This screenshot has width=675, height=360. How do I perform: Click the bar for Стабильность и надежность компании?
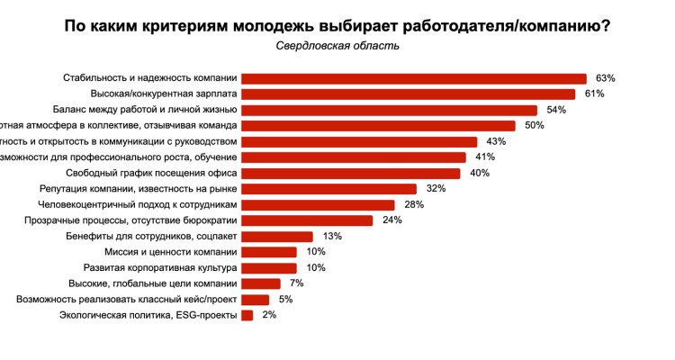[x=414, y=78]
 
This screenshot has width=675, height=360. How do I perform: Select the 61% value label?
[x=594, y=94]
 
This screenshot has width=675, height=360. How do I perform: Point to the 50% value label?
[x=535, y=126]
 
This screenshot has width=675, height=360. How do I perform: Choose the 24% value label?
[x=391, y=220]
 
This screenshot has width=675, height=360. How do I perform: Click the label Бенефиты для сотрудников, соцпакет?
[x=152, y=236]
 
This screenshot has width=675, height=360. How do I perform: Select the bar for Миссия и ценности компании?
[x=270, y=252]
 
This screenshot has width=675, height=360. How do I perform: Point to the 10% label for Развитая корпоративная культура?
[x=316, y=268]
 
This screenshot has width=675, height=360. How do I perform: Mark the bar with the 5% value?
[x=256, y=300]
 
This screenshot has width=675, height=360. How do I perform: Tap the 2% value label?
[x=269, y=315]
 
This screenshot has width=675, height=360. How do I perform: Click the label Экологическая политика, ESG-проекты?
[x=148, y=315]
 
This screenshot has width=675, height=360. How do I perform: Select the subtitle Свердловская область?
[x=337, y=46]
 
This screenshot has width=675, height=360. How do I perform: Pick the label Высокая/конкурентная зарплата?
[x=164, y=94]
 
